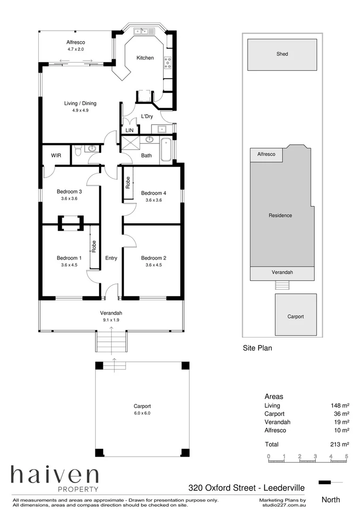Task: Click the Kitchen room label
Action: coord(145,58)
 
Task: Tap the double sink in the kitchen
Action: coord(142,32)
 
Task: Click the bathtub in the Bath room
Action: coord(166,150)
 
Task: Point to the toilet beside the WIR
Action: coord(78,151)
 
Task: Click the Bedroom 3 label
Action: coord(69,191)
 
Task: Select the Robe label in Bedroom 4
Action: coord(128,183)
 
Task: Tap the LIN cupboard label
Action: coord(129,130)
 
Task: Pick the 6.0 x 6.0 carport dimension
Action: coord(142,413)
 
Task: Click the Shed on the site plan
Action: coord(282,54)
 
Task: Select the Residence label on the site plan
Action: coord(280,215)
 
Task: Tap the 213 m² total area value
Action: coord(339,444)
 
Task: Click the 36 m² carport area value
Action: coord(341,414)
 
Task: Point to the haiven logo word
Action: coord(55,474)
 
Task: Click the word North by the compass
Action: coord(330,500)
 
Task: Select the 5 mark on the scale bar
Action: coord(347,457)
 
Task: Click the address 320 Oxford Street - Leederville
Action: coord(246,487)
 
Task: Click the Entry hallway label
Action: coord(111,258)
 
